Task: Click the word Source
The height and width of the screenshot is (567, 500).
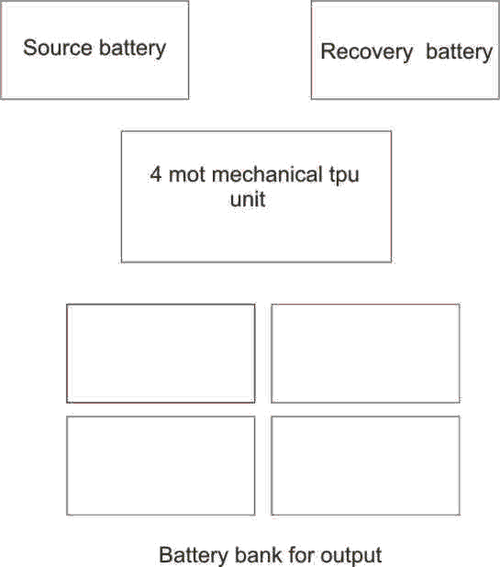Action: (58, 48)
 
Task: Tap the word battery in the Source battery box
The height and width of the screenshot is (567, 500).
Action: (132, 49)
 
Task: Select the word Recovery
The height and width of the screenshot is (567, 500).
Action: (367, 52)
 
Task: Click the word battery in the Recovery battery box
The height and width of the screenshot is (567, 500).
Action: (459, 52)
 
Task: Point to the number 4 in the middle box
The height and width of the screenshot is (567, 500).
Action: (156, 174)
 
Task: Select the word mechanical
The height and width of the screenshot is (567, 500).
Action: (267, 174)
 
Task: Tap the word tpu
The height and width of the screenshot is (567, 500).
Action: (344, 176)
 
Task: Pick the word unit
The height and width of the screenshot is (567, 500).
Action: (248, 199)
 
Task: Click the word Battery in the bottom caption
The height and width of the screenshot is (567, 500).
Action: (194, 555)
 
